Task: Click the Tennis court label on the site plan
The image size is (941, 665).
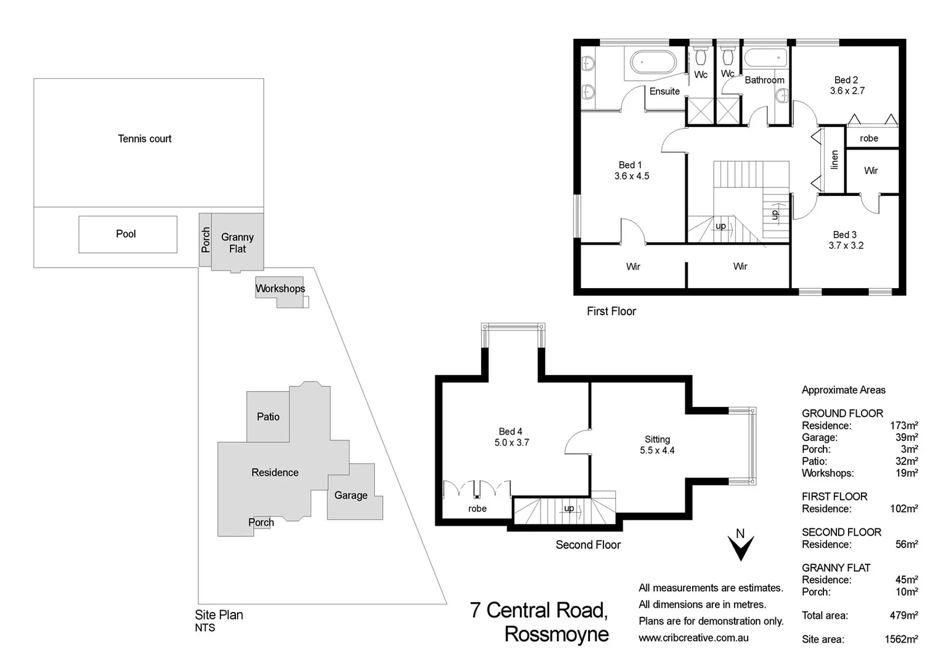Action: tap(145, 139)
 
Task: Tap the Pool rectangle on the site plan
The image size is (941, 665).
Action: tap(127, 234)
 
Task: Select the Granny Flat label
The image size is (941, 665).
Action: tap(237, 243)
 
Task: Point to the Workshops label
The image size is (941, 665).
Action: tap(280, 288)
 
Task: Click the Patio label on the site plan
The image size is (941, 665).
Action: tap(268, 417)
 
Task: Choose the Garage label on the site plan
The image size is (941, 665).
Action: tap(350, 495)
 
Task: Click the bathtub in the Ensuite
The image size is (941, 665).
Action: tap(653, 62)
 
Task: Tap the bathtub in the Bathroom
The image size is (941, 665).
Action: tap(765, 59)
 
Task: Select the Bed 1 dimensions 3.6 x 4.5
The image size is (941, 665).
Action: tap(631, 176)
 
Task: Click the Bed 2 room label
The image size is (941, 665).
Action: tap(846, 80)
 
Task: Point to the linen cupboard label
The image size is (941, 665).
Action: tap(834, 159)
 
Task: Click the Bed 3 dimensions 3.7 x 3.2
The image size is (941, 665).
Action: tap(846, 245)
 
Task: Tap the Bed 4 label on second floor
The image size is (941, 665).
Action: tap(511, 432)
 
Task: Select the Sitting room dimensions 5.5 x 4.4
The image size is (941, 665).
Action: tap(657, 450)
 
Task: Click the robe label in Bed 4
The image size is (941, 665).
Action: tap(477, 509)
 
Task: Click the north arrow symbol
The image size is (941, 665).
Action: tap(740, 546)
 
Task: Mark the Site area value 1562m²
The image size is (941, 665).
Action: tap(901, 639)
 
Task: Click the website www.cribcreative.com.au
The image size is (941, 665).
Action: tap(693, 638)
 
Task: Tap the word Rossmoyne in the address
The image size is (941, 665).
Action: tap(556, 634)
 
